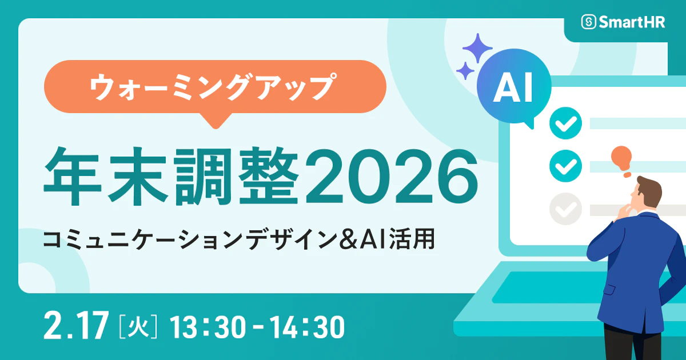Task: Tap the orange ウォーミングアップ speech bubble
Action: click(214, 87)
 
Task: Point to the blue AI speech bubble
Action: click(513, 89)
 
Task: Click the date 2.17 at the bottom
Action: click(75, 326)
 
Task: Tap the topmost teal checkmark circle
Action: click(565, 122)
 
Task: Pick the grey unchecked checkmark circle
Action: click(565, 209)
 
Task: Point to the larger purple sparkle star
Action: click(477, 47)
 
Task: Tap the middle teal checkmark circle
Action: click(565, 166)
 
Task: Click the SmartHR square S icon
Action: click(589, 22)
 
